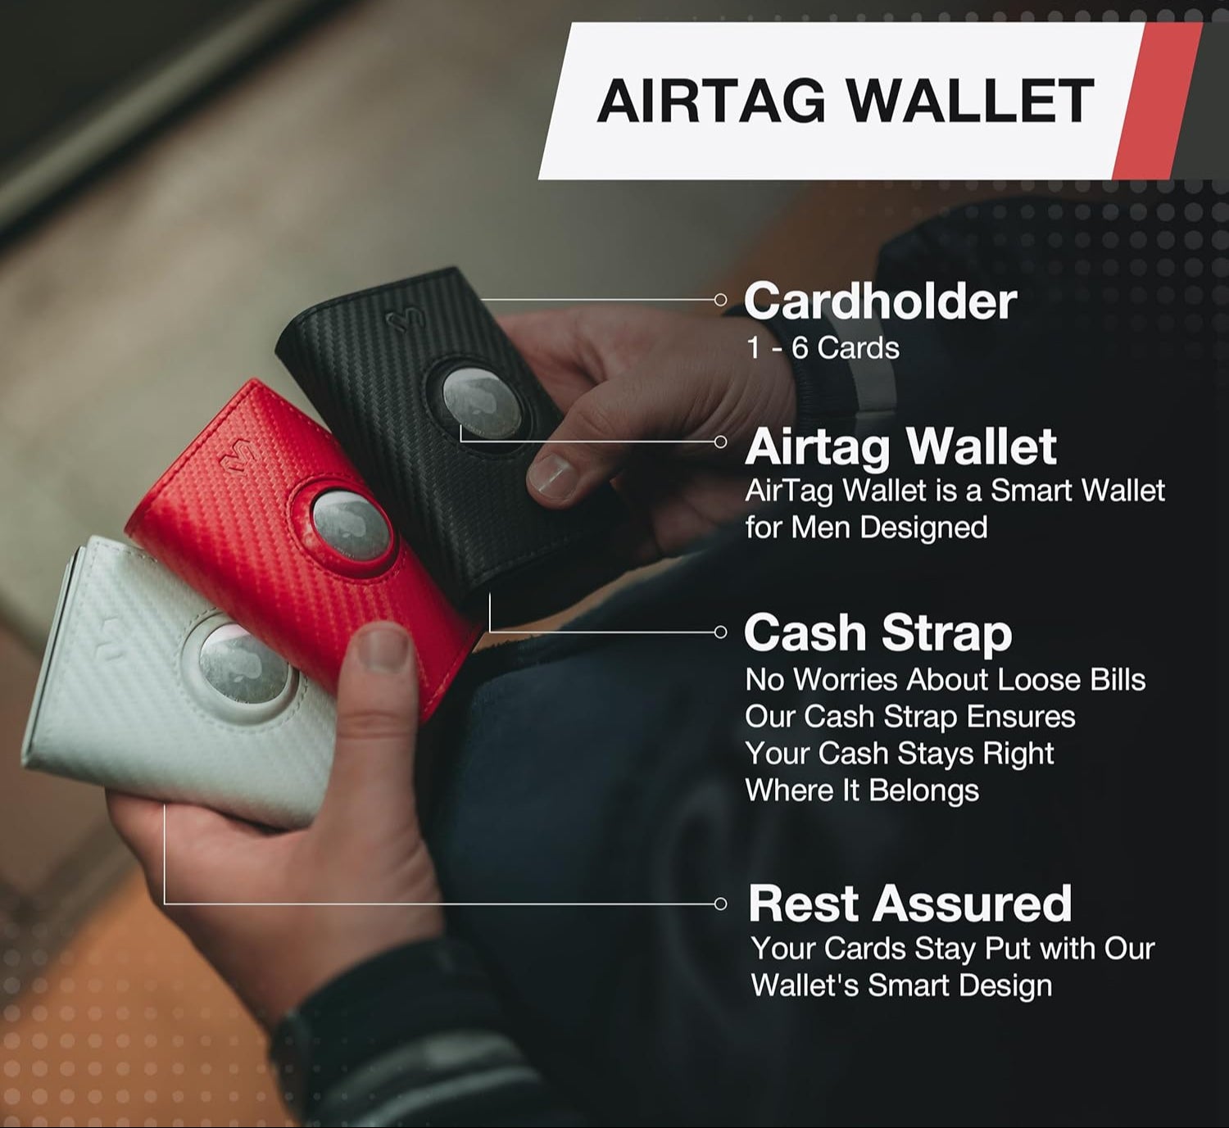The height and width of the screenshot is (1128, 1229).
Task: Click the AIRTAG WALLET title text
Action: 845,101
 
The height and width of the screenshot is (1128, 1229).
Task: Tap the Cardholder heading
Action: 880,301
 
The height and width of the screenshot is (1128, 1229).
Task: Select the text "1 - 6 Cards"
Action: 823,348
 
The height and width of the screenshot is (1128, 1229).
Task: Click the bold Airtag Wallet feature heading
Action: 900,446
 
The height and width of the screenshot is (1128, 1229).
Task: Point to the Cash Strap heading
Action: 878,633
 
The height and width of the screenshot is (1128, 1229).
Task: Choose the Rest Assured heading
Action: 909,903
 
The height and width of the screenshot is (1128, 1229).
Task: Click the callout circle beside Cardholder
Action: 720,300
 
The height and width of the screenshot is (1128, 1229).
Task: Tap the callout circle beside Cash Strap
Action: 720,632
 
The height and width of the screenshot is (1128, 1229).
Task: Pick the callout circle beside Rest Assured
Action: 720,904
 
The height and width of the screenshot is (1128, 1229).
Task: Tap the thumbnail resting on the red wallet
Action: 383,647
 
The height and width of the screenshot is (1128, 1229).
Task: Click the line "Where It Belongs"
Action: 862,791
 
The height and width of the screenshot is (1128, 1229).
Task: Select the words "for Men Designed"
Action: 866,527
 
